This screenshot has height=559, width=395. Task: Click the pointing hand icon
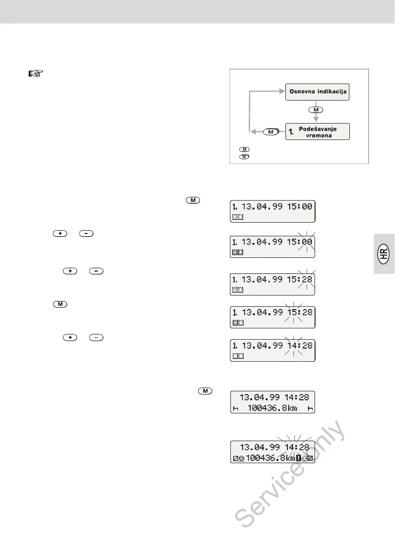click(x=35, y=74)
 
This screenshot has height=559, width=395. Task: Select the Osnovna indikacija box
click(x=317, y=92)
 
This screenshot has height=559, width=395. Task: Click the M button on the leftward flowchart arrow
click(x=270, y=132)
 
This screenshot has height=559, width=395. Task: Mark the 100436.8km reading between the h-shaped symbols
click(x=273, y=409)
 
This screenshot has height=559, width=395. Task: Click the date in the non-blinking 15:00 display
click(x=261, y=207)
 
